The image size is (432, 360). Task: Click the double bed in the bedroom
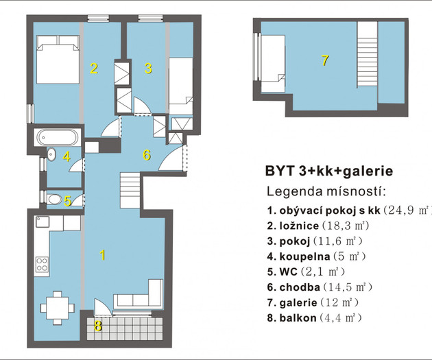tap(58, 59)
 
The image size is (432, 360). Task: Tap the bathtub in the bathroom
tap(58, 137)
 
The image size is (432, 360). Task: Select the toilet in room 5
tap(54, 199)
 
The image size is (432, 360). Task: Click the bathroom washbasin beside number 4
tap(51, 154)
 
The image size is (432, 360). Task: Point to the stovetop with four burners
tap(42, 265)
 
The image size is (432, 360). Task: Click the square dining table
tap(58, 308)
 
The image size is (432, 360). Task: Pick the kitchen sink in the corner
tap(43, 221)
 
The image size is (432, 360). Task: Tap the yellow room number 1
tap(102, 255)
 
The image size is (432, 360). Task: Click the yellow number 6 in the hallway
tap(147, 155)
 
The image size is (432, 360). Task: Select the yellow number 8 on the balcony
tap(98, 326)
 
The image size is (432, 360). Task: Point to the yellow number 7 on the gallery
tap(325, 60)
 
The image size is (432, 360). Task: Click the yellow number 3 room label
tap(148, 69)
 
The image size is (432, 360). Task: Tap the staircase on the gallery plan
tap(368, 54)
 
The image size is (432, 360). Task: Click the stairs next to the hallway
tap(130, 190)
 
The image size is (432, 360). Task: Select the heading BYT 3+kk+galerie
tap(329, 171)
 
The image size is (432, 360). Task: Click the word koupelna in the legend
tap(304, 256)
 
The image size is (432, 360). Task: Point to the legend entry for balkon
tap(314, 318)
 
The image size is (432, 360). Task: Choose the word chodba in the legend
tap(300, 287)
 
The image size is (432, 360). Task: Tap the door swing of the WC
tap(78, 200)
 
